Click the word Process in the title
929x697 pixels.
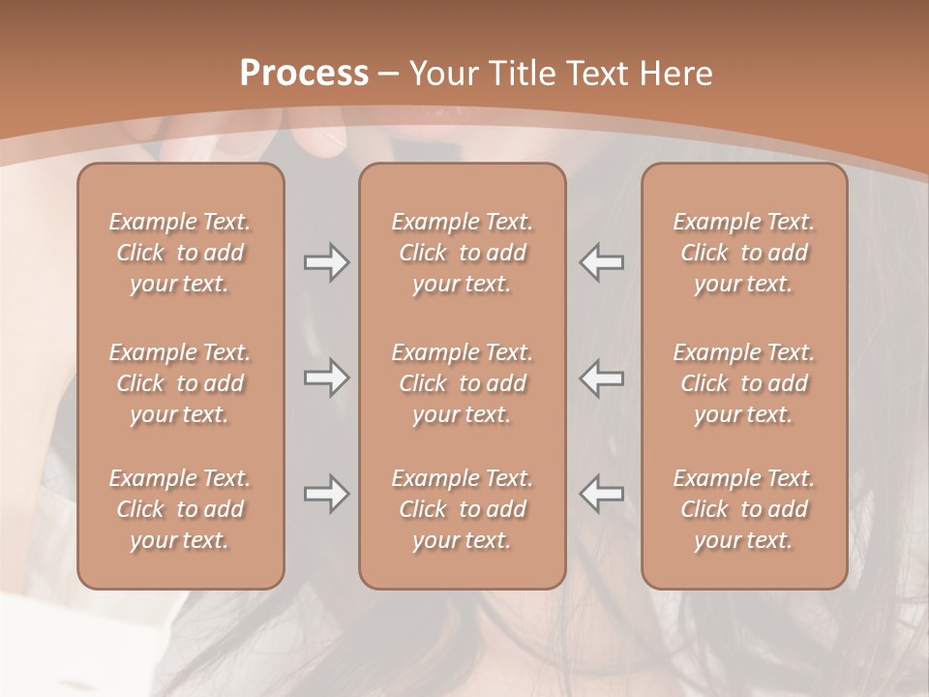[x=304, y=73]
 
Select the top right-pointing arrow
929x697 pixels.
[x=326, y=262]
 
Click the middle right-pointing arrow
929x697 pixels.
[x=326, y=378]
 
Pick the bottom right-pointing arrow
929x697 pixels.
[x=326, y=494]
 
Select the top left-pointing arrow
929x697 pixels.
[x=601, y=262]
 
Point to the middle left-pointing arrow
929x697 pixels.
[x=601, y=378]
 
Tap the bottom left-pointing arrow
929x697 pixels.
[x=601, y=494]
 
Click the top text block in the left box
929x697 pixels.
[x=180, y=253]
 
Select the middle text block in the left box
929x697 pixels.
[x=180, y=383]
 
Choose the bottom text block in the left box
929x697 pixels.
[x=180, y=509]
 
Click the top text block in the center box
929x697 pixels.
[x=462, y=253]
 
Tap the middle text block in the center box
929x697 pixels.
[x=462, y=383]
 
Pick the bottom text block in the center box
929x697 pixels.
[x=462, y=509]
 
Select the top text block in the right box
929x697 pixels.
[x=743, y=253]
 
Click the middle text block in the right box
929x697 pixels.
[x=743, y=383]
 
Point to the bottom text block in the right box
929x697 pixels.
[x=743, y=509]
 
